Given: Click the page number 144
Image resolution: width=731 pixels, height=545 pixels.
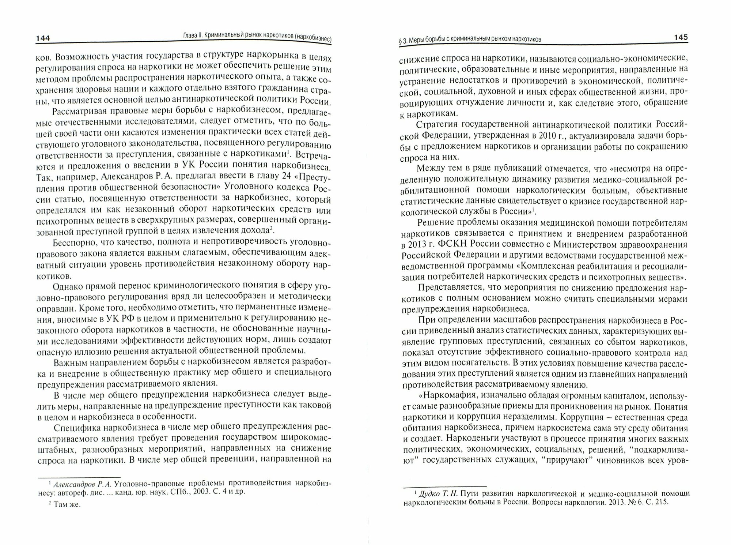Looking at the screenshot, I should tap(43, 39).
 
